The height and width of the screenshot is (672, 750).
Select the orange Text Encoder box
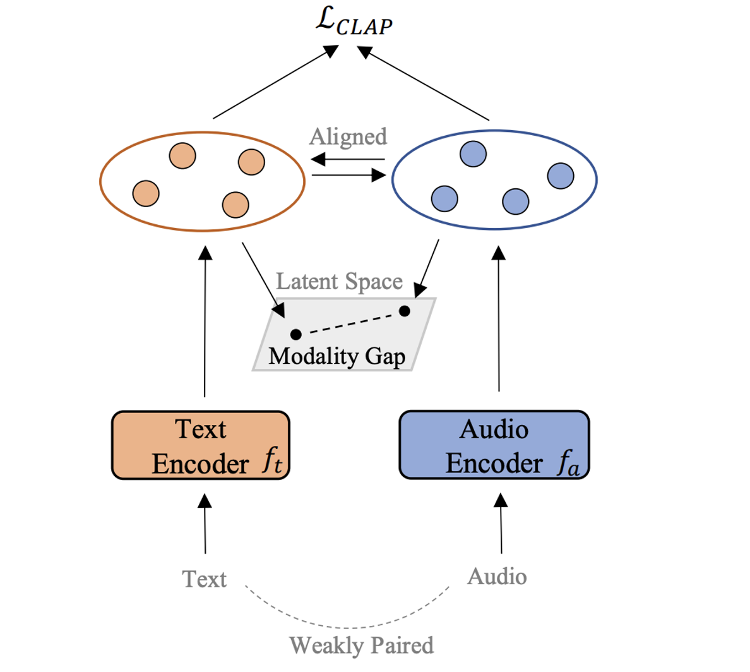tap(201, 445)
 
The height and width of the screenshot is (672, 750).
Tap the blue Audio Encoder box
tap(494, 445)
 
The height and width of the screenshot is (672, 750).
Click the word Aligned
tap(348, 136)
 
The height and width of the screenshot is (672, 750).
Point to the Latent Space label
tap(339, 281)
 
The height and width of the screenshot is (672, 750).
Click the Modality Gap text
tap(336, 356)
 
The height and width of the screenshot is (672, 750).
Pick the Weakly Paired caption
tap(361, 645)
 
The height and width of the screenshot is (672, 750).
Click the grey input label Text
tap(204, 579)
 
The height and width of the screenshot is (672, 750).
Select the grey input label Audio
tap(497, 576)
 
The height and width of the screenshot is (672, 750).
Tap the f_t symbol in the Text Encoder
tap(272, 462)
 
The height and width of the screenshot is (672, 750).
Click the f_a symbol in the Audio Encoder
tap(568, 464)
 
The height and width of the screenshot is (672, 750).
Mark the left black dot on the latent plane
tap(295, 334)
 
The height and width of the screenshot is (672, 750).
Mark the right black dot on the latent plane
tap(405, 311)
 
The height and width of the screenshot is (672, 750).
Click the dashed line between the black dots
tap(350, 323)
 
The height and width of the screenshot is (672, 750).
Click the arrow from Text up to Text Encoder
tap(205, 524)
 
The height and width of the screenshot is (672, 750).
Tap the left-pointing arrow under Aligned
tap(348, 159)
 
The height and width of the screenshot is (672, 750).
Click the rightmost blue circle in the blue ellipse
tap(561, 176)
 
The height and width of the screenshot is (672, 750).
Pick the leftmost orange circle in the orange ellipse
tap(146, 193)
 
